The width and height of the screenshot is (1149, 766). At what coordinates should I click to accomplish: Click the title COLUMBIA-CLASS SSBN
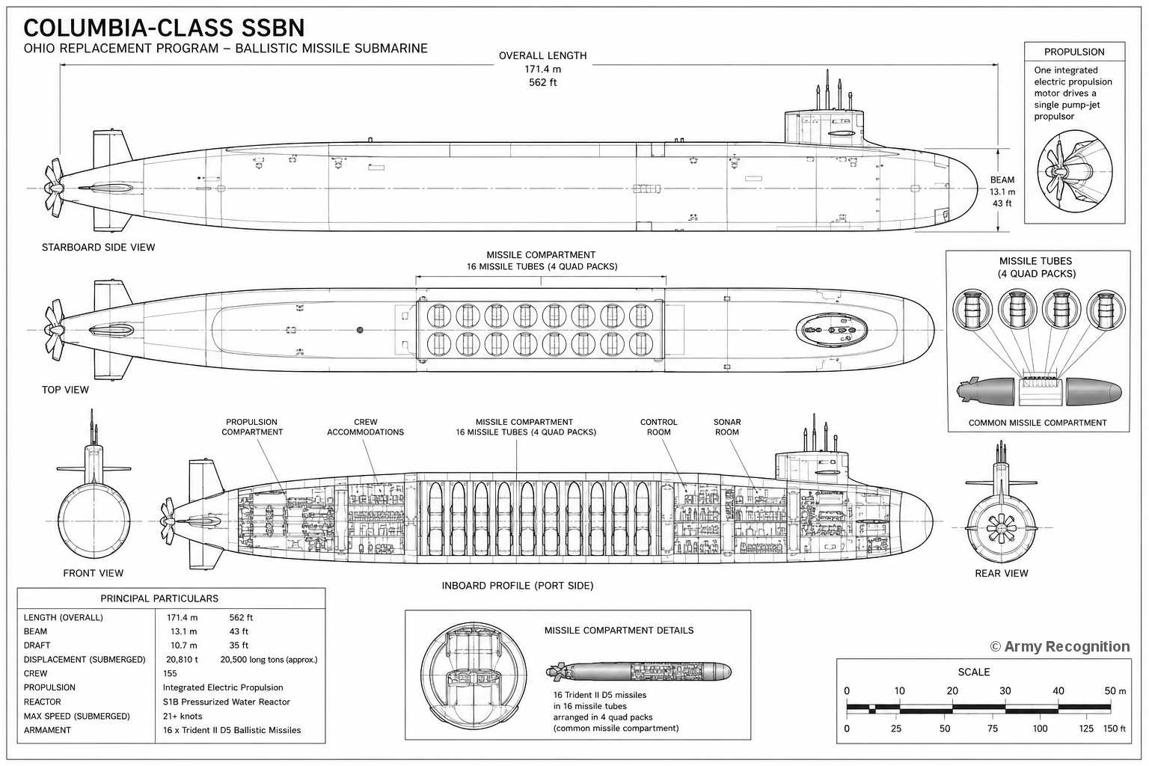pyautogui.click(x=164, y=28)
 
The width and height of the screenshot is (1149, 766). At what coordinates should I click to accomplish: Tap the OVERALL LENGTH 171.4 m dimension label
pyautogui.click(x=542, y=69)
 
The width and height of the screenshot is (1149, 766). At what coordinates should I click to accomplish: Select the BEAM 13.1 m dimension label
pyautogui.click(x=1002, y=191)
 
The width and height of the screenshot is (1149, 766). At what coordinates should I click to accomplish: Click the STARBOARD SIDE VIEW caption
pyautogui.click(x=98, y=248)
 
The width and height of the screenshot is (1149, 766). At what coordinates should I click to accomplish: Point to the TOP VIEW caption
pyautogui.click(x=65, y=390)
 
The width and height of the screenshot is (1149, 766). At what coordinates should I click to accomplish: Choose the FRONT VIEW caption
pyautogui.click(x=94, y=573)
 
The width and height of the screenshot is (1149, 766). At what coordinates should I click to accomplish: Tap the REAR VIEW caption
pyautogui.click(x=1002, y=573)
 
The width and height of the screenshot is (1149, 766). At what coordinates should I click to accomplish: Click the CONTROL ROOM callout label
pyautogui.click(x=658, y=427)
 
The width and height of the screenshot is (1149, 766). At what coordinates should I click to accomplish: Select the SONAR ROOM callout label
pyautogui.click(x=727, y=427)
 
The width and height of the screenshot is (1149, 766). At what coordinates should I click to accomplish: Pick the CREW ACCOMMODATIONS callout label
pyautogui.click(x=365, y=427)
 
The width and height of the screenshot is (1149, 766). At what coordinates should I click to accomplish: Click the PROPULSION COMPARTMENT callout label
pyautogui.click(x=252, y=427)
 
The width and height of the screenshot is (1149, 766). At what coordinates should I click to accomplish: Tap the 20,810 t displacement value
pyautogui.click(x=182, y=659)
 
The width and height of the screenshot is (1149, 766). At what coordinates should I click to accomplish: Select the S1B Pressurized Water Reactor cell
pyautogui.click(x=226, y=702)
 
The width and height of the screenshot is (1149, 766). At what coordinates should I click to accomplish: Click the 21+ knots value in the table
pyautogui.click(x=183, y=716)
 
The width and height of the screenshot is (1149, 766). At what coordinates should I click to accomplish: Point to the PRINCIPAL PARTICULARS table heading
pyautogui.click(x=159, y=598)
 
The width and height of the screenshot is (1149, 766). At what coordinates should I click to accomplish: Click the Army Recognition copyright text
pyautogui.click(x=1060, y=646)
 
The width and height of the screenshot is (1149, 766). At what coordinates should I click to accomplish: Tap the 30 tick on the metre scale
pyautogui.click(x=1005, y=691)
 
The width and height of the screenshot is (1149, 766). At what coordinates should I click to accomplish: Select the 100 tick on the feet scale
pyautogui.click(x=1041, y=729)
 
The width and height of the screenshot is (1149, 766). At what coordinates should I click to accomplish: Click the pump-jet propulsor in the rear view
pyautogui.click(x=1002, y=528)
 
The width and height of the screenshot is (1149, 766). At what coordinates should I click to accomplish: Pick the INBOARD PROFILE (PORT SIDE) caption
pyautogui.click(x=518, y=586)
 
